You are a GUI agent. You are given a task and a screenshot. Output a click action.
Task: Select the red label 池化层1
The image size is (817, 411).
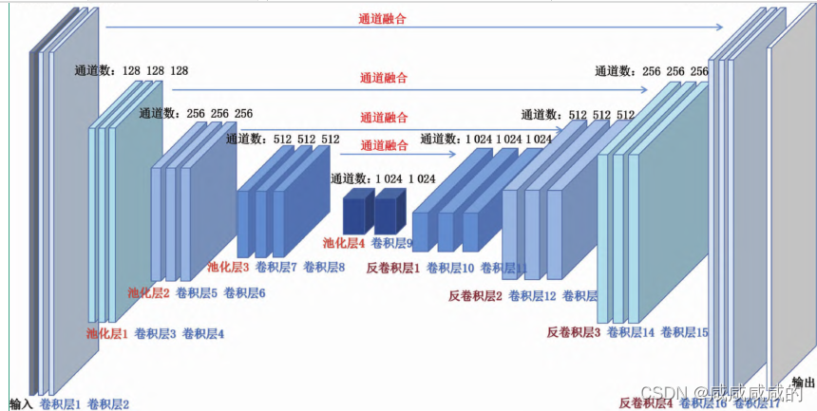coord(106,333)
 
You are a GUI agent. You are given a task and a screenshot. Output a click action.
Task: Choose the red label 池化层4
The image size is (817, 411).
coord(344,242)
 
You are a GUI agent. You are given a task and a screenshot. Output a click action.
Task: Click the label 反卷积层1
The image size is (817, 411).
coord(392,268)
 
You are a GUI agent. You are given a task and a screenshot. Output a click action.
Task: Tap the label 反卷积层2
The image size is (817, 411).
coord(475,295)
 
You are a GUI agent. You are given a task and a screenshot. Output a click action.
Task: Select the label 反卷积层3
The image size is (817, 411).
coord(574,331)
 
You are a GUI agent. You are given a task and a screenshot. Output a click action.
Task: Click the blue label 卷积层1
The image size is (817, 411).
coord(60,403)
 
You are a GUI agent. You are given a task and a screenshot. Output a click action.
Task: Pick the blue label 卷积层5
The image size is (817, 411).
coord(197,293)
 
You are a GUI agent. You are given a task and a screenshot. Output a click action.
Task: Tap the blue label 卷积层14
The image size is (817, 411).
coord(631,331)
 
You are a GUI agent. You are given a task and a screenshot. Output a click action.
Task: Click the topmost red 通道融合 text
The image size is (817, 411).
coord(384,18)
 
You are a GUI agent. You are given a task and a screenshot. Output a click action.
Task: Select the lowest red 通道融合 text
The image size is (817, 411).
coord(384,145)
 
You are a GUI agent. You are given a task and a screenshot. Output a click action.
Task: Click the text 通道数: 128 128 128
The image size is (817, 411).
coord(131,70)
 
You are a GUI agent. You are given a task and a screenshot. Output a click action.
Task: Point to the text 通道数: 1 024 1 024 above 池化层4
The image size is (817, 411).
coord(383,177)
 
